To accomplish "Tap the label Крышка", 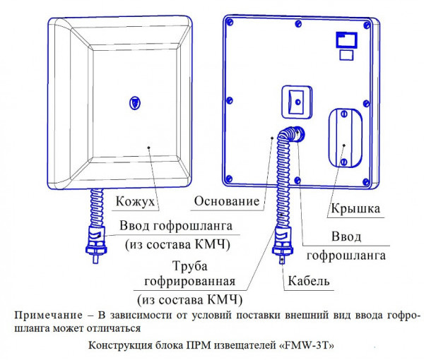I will coord(355,209).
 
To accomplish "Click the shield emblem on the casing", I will coord(135,102).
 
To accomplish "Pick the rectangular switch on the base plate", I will coord(295,100).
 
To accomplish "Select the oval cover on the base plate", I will coord(343,139).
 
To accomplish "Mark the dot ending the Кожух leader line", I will coord(150,147).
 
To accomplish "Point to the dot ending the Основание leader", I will coord(273,137).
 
